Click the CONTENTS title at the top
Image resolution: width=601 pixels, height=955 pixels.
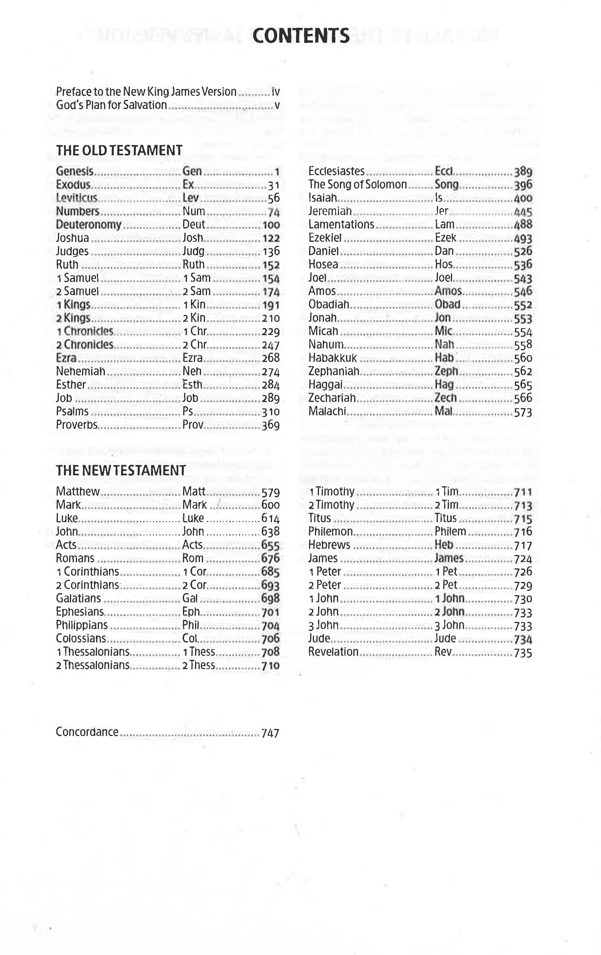pyautogui.click(x=301, y=36)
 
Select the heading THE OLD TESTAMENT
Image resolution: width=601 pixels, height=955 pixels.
pyautogui.click(x=119, y=150)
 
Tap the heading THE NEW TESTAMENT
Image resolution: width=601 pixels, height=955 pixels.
pyautogui.click(x=121, y=470)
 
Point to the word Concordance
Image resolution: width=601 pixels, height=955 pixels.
pyautogui.click(x=87, y=732)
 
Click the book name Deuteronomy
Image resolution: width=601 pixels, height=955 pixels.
pyautogui.click(x=89, y=224)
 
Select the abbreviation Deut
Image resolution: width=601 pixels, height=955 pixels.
pyautogui.click(x=193, y=224)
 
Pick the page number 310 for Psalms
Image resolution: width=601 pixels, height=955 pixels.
pyautogui.click(x=270, y=412)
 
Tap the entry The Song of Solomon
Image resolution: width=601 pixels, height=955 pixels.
pyautogui.click(x=357, y=184)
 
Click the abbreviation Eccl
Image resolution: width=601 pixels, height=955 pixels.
pyautogui.click(x=444, y=171)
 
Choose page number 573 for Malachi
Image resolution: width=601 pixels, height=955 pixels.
pyautogui.click(x=523, y=412)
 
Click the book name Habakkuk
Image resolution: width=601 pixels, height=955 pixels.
pyautogui.click(x=333, y=358)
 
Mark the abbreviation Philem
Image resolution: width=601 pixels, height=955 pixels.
pyautogui.click(x=450, y=532)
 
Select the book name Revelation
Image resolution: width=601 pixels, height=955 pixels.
pyautogui.click(x=333, y=651)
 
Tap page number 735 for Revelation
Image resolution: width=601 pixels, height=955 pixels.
pyautogui.click(x=523, y=652)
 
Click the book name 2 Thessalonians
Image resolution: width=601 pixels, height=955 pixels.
pyautogui.click(x=92, y=665)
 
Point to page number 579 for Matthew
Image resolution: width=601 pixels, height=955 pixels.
pyautogui.click(x=270, y=492)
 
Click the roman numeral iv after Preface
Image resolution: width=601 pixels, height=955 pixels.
pyautogui.click(x=276, y=92)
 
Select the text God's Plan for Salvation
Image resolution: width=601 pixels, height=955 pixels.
pyautogui.click(x=111, y=105)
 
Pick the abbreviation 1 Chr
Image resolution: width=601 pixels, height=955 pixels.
pyautogui.click(x=195, y=331)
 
